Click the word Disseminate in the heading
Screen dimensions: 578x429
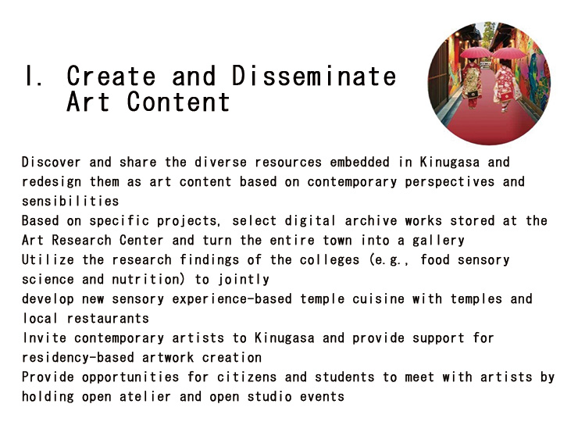click(314, 76)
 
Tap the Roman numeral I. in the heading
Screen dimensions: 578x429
click(34, 76)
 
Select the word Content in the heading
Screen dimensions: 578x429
click(178, 102)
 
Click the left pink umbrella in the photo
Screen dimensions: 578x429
click(475, 53)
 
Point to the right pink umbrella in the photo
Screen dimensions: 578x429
click(508, 54)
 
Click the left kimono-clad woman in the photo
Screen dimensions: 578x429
click(472, 84)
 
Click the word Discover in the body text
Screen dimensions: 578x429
click(52, 162)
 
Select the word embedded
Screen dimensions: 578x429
click(359, 162)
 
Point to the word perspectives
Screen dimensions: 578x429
click(450, 182)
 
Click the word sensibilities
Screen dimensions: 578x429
click(70, 201)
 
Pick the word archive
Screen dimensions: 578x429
click(371, 220)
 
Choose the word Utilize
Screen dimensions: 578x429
click(48, 259)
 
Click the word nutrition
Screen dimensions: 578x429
click(145, 279)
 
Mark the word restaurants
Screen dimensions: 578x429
click(108, 318)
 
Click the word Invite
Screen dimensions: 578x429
click(45, 338)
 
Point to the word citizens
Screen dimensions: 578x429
click(247, 377)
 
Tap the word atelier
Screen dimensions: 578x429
click(145, 396)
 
